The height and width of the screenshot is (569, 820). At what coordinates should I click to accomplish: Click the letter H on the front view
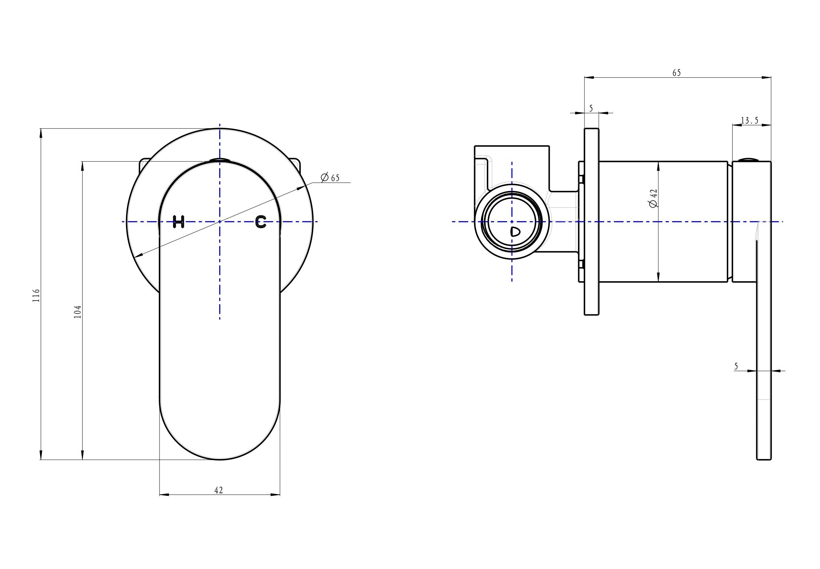pos(178,221)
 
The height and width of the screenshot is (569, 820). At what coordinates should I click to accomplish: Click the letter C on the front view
pos(261,221)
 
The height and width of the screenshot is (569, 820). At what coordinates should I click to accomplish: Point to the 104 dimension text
pos(77,312)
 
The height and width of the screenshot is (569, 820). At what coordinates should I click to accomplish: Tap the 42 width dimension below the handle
pos(218,490)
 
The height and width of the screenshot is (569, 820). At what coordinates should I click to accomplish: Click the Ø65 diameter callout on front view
pos(330,178)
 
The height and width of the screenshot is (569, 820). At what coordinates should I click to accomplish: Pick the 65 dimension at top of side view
pos(677,73)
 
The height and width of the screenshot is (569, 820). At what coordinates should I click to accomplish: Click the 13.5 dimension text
pos(750,121)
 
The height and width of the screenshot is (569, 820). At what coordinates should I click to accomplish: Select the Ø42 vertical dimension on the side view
pos(654,198)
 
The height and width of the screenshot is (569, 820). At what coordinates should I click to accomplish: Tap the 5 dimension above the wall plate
pos(591,108)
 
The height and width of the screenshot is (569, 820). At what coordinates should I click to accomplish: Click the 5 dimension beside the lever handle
pos(736,366)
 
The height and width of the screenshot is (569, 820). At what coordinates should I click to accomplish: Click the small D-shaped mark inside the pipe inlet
pos(515,232)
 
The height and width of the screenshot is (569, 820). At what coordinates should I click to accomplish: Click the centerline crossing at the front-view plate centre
pos(220,221)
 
